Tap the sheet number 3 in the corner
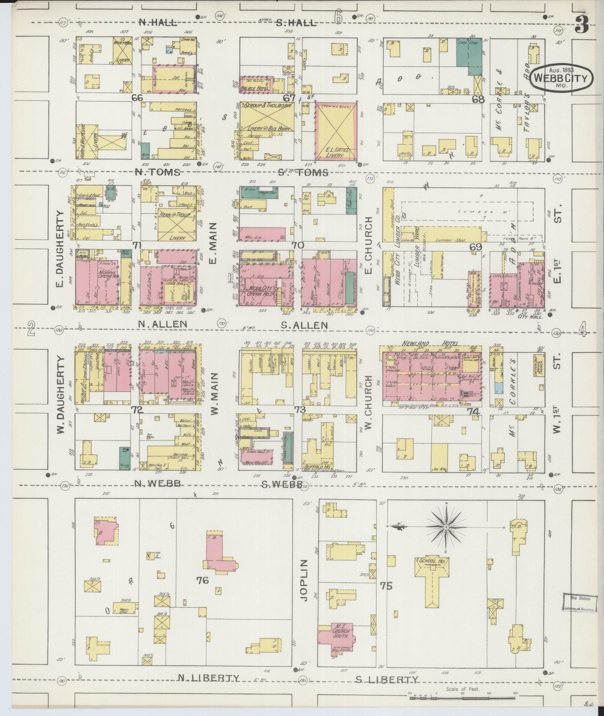pos(582,24)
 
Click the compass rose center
pos(446,527)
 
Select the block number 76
pos(202,581)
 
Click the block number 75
pos(386,586)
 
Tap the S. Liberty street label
pos(386,679)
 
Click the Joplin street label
pos(304,586)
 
